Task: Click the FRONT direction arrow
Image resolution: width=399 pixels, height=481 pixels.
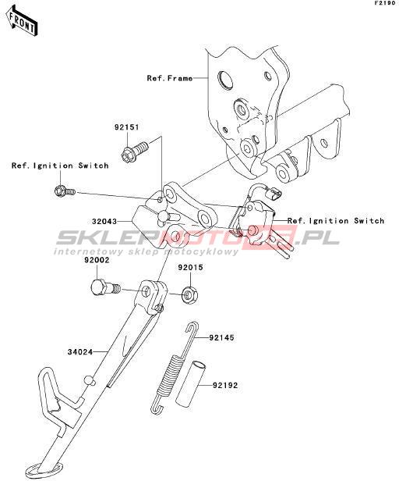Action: [x=22, y=23]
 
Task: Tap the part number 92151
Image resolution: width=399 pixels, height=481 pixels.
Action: [x=127, y=127]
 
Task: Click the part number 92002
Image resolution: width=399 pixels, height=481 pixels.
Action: [x=97, y=260]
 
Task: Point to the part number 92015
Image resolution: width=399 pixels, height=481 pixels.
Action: [x=190, y=268]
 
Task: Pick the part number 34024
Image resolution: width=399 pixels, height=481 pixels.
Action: [x=80, y=352]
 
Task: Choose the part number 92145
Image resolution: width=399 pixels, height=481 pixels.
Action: [x=221, y=338]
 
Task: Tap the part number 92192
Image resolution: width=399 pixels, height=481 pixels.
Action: [x=225, y=385]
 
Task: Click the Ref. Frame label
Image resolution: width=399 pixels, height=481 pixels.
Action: [x=170, y=78]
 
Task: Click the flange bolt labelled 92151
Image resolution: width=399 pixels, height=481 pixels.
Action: [x=135, y=150]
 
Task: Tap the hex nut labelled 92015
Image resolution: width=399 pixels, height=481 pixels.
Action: [x=190, y=295]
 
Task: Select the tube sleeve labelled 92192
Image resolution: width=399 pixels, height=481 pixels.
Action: [x=191, y=384]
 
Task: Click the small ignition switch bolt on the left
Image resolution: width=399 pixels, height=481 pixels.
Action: [x=65, y=191]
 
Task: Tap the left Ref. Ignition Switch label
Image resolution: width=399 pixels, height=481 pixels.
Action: [x=60, y=166]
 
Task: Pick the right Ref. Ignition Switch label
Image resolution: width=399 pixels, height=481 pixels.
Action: [x=336, y=221]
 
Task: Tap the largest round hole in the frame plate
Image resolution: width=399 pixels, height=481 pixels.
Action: [x=225, y=80]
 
